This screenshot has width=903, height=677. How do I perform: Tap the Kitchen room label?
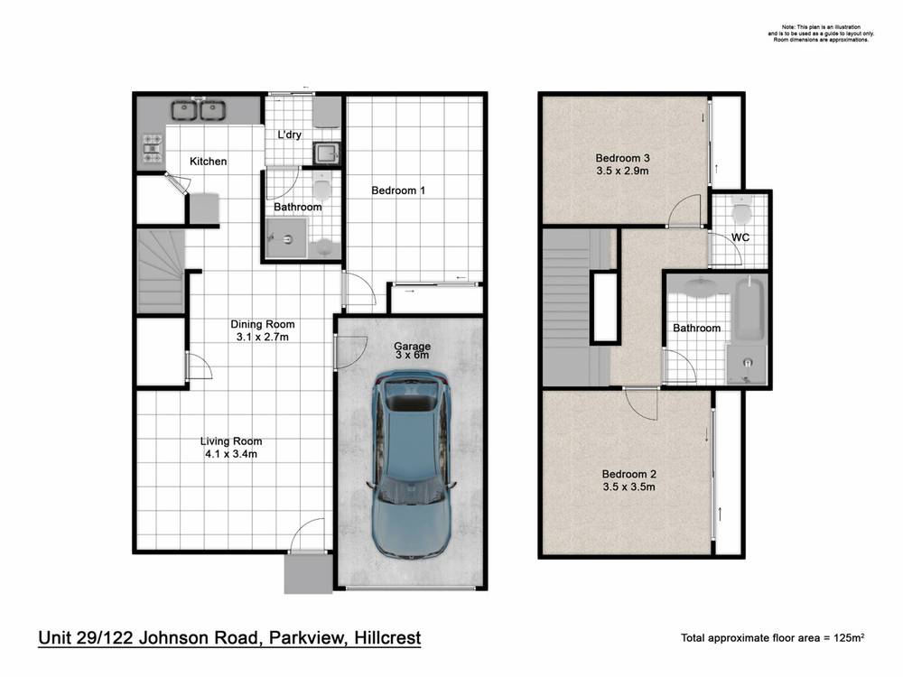click(208, 162)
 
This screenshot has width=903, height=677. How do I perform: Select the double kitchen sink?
click(198, 110)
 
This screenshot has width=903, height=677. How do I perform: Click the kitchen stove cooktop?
click(151, 149)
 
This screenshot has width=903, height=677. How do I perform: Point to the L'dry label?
click(289, 134)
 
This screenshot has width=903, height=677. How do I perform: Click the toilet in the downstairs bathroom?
click(319, 188)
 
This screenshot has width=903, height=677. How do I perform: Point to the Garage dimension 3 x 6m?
click(412, 356)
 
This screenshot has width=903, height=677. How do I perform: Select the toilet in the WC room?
click(741, 213)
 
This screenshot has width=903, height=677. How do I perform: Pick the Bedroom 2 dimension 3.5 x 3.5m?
click(628, 487)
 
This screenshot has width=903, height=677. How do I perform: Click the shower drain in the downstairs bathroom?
click(287, 240)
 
